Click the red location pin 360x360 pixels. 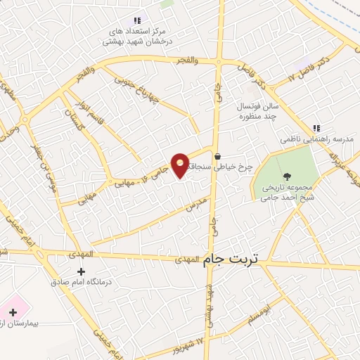(x=180, y=165)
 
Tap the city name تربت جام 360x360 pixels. (x=231, y=260)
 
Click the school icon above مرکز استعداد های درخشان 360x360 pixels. (x=137, y=21)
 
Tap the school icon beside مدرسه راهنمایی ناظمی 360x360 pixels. (x=316, y=128)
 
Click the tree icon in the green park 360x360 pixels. (x=285, y=176)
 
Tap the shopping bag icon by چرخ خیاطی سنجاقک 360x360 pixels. (x=218, y=156)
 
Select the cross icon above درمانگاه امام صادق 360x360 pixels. (x=82, y=271)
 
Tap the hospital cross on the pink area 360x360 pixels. (x=13, y=311)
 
